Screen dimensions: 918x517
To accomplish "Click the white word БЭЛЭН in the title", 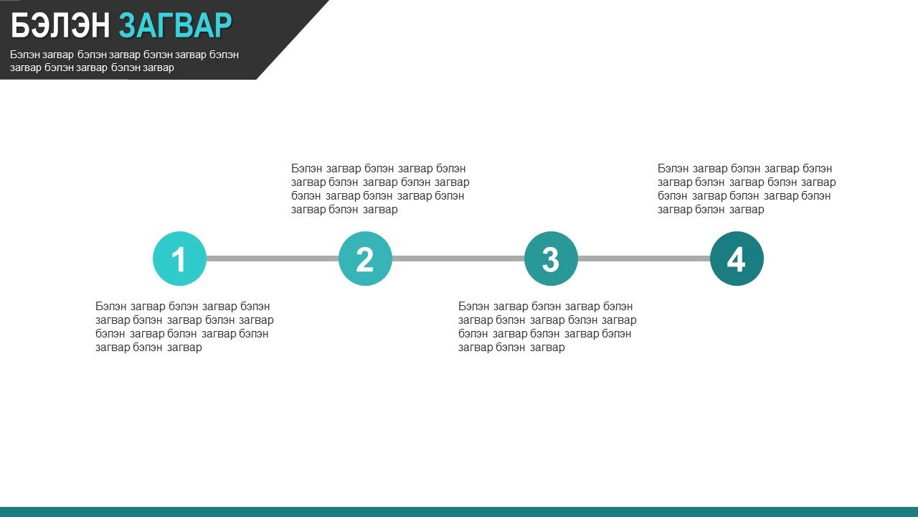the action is pyautogui.click(x=60, y=25).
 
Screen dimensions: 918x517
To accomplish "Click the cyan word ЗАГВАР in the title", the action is pyautogui.click(x=176, y=25).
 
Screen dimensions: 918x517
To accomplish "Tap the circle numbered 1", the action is pyautogui.click(x=179, y=258).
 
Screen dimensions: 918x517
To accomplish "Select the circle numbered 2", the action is pyautogui.click(x=365, y=258).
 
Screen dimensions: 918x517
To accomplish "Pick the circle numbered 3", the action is pyautogui.click(x=551, y=258).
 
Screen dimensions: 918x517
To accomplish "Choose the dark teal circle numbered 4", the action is pyautogui.click(x=737, y=258).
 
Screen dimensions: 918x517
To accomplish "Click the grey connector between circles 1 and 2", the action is pyautogui.click(x=273, y=258).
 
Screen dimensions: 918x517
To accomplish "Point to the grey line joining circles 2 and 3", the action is pyautogui.click(x=458, y=258).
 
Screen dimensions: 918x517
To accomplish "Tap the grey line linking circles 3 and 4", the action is pyautogui.click(x=644, y=258).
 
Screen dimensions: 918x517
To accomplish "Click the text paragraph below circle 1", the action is pyautogui.click(x=184, y=327).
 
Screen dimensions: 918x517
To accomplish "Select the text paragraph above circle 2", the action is pyautogui.click(x=380, y=189).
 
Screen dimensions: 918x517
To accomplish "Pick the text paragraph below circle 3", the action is pyautogui.click(x=547, y=327).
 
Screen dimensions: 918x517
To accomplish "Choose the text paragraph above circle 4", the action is pyautogui.click(x=747, y=189).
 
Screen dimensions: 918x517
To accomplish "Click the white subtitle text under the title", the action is pyautogui.click(x=124, y=61).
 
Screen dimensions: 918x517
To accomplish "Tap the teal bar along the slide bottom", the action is pyautogui.click(x=459, y=512).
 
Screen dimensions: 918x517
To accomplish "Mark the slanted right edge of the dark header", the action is pyautogui.click(x=293, y=39).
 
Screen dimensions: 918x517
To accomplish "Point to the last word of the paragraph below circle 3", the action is pyautogui.click(x=547, y=348).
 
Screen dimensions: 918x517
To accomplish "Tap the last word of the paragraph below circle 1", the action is pyautogui.click(x=184, y=348).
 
